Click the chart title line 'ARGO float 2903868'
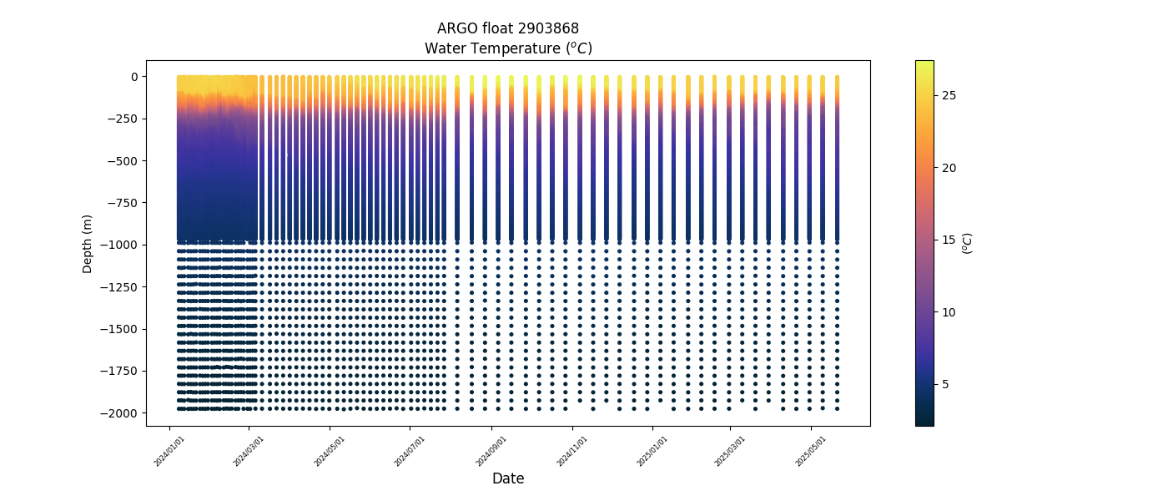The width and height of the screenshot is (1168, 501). coord(508,28)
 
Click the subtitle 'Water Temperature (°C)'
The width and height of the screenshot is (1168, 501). coord(508,48)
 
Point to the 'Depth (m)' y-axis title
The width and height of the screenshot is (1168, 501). coord(88,243)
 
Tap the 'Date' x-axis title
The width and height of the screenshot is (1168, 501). coord(508,478)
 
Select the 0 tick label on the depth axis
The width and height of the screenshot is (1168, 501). coord(133,77)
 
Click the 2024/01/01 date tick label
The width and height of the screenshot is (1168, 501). coord(169,451)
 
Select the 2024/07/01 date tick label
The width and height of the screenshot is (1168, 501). coord(410,451)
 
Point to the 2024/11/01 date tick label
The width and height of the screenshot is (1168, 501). coord(572,451)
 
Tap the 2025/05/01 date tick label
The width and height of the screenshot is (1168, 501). coord(810,451)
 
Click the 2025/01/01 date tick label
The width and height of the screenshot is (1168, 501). coord(652,451)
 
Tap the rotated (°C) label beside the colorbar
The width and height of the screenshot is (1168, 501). coord(968,243)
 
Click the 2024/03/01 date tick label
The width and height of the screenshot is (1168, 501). coord(248,451)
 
